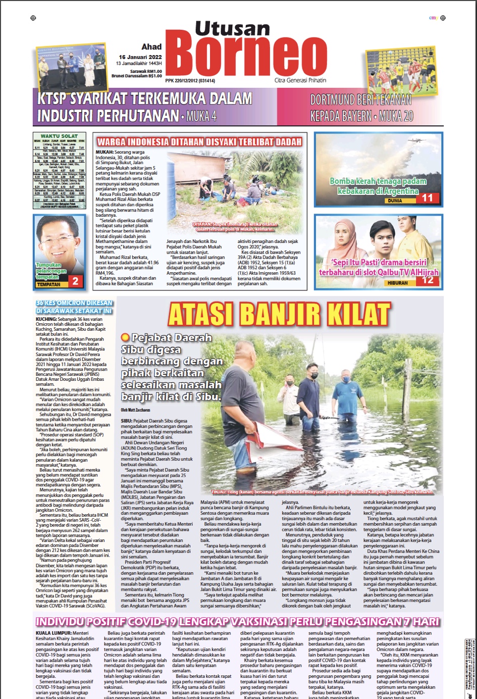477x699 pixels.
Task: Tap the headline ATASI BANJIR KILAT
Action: coord(279,314)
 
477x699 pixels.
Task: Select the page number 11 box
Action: coord(428,198)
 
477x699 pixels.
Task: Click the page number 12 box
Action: coord(428,280)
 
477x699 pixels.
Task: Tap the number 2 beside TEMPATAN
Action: coord(75,282)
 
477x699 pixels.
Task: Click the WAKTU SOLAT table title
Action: coord(59,136)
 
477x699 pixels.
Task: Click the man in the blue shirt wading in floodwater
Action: coord(346,394)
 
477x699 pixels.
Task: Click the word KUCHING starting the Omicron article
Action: coord(46,320)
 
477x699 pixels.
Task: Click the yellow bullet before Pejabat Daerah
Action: coord(125,337)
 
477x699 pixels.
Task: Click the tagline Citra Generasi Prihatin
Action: coord(300,80)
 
